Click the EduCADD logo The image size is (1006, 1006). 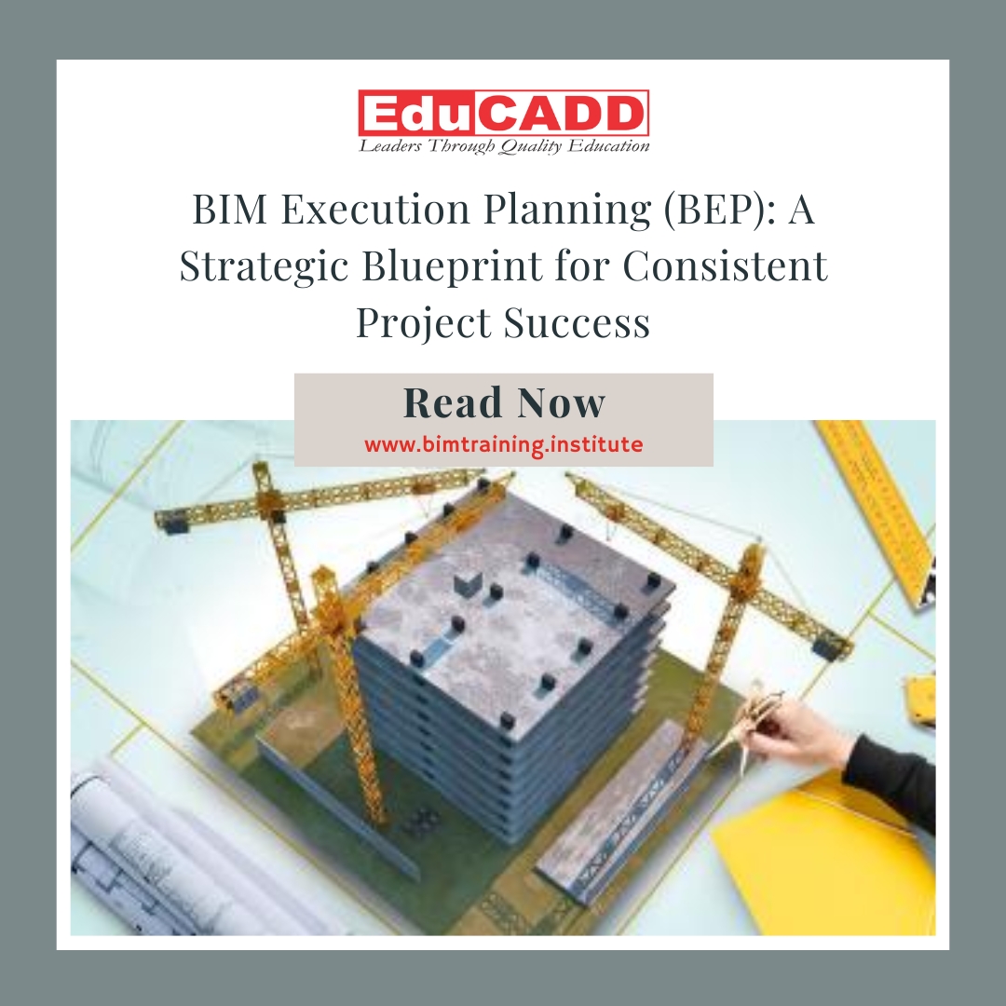[503, 114]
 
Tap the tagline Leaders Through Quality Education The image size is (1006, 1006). [504, 145]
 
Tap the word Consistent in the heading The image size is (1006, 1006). [725, 267]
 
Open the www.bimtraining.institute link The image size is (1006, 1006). [503, 444]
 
